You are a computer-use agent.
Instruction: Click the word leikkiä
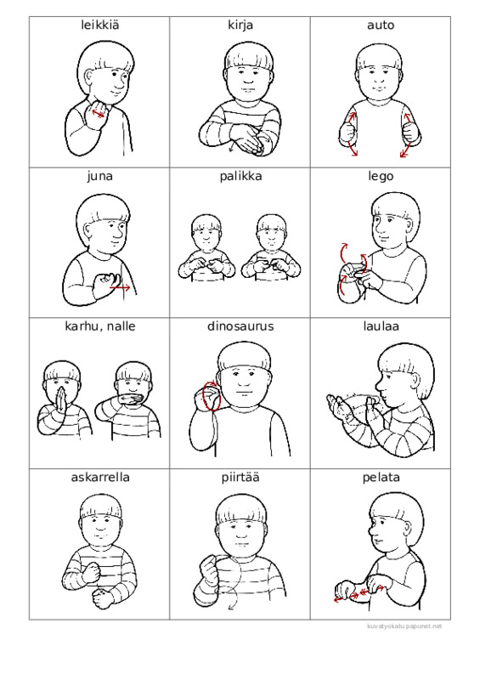point(99,25)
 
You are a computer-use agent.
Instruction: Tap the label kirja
point(240,25)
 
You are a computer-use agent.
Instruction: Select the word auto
point(381,25)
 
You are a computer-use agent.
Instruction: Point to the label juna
point(99,176)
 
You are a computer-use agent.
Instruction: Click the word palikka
point(240,176)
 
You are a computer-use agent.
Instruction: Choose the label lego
point(381,177)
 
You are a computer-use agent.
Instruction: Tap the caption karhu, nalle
point(99,326)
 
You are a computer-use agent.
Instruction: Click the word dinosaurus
point(240,326)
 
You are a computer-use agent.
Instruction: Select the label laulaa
point(381,326)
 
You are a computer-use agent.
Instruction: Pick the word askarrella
point(100,477)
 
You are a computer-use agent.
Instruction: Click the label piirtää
point(240,478)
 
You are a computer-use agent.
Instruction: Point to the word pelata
point(381,478)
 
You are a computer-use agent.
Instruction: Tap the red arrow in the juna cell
point(120,287)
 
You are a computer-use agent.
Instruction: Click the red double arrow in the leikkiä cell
point(98,113)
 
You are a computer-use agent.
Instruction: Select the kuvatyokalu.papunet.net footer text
point(404,626)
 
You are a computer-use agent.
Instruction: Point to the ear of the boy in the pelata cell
point(407,526)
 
